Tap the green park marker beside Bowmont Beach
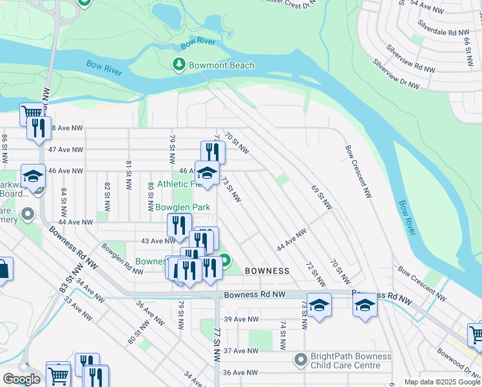click(x=178, y=64)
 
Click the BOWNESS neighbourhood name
click(x=266, y=271)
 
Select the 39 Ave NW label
click(x=241, y=319)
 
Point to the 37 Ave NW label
click(x=241, y=350)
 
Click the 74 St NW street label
click(x=282, y=334)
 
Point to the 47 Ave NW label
click(x=66, y=150)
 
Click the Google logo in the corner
click(x=21, y=379)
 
